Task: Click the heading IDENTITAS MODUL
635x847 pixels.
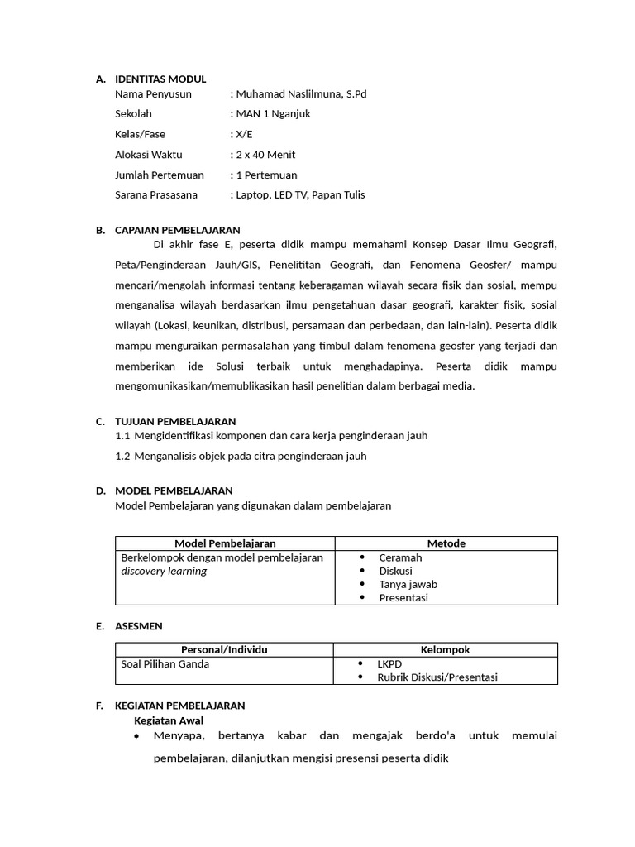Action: (x=160, y=79)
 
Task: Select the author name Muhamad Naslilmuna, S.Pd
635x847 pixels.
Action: (x=301, y=93)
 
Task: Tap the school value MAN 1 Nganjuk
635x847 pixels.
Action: (x=273, y=114)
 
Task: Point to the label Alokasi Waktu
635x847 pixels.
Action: (x=149, y=155)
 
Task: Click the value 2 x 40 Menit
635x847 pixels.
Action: (x=265, y=155)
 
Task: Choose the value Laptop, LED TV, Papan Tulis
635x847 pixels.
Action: (x=300, y=195)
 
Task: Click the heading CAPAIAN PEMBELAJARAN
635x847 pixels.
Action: (x=177, y=230)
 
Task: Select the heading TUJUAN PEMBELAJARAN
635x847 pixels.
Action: (x=175, y=421)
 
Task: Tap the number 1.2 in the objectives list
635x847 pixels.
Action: (x=123, y=456)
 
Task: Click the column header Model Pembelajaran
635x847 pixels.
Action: (x=225, y=543)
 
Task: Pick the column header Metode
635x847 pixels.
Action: (x=446, y=543)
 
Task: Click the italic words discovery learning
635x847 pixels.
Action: (x=164, y=571)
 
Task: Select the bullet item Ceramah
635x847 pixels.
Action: (x=400, y=557)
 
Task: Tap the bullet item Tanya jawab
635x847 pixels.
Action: (x=408, y=584)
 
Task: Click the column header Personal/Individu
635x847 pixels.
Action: (x=224, y=650)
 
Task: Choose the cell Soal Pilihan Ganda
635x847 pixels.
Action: (x=165, y=663)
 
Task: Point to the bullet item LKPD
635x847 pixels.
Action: (x=389, y=663)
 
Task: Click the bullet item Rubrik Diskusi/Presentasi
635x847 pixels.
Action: (x=437, y=677)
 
